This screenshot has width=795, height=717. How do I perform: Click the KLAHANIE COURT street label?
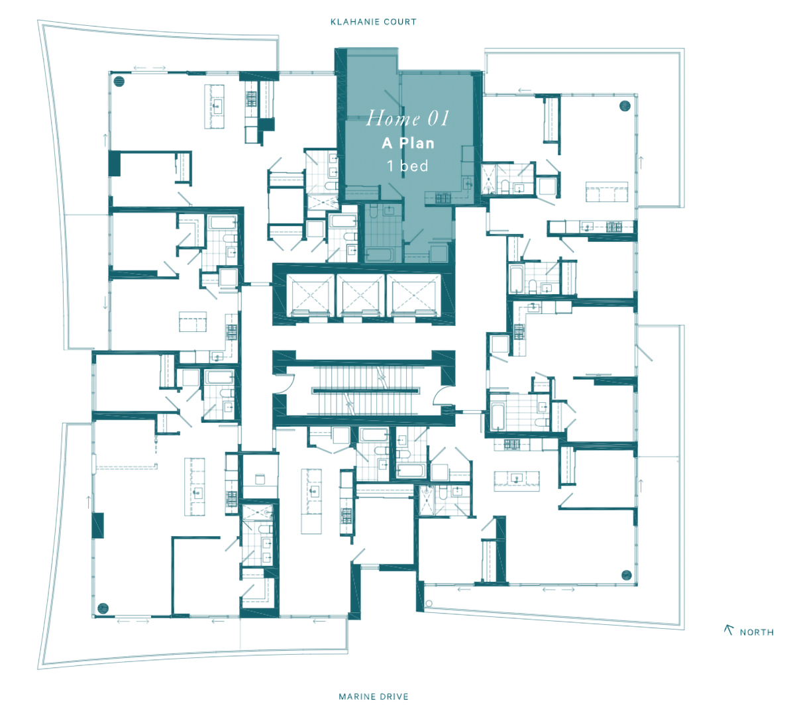click(x=374, y=22)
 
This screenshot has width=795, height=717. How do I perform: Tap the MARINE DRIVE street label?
click(x=374, y=696)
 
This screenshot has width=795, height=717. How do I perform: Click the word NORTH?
click(x=757, y=632)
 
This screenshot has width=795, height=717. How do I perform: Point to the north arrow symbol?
click(x=729, y=630)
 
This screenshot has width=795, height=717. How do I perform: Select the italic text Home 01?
click(x=407, y=118)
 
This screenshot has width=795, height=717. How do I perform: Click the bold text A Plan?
click(x=408, y=143)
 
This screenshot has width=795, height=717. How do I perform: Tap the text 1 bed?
click(x=408, y=166)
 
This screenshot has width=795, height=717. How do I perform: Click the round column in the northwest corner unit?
click(x=119, y=82)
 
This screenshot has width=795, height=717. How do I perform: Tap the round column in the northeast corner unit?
click(x=625, y=106)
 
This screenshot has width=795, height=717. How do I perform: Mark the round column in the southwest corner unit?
click(x=103, y=608)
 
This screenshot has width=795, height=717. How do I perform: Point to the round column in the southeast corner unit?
click(x=626, y=575)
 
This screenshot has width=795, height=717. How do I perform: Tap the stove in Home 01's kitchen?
click(x=443, y=198)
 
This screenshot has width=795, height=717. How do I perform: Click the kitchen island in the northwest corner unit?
click(x=214, y=106)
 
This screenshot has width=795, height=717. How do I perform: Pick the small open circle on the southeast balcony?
click(x=429, y=604)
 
